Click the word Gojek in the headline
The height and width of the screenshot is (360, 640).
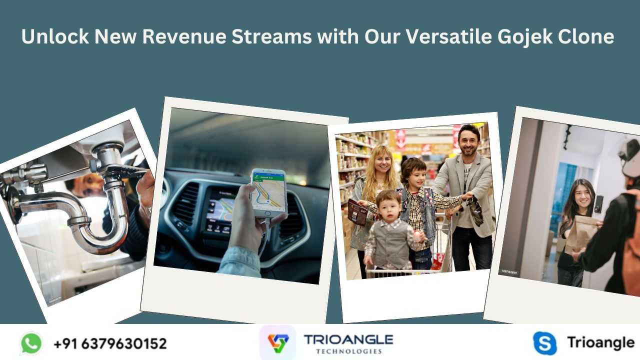(x=525, y=37)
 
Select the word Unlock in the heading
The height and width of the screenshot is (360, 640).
(x=55, y=36)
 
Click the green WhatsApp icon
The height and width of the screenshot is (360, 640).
(x=31, y=343)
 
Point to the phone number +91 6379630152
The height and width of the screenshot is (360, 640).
(x=110, y=343)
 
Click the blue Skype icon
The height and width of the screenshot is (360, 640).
(x=545, y=343)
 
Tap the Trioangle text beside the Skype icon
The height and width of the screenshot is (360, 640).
(x=601, y=343)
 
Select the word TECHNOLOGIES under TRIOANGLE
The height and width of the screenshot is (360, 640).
(x=349, y=351)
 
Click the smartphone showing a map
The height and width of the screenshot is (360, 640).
(x=269, y=193)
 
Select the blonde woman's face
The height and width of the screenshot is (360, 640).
(x=382, y=163)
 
